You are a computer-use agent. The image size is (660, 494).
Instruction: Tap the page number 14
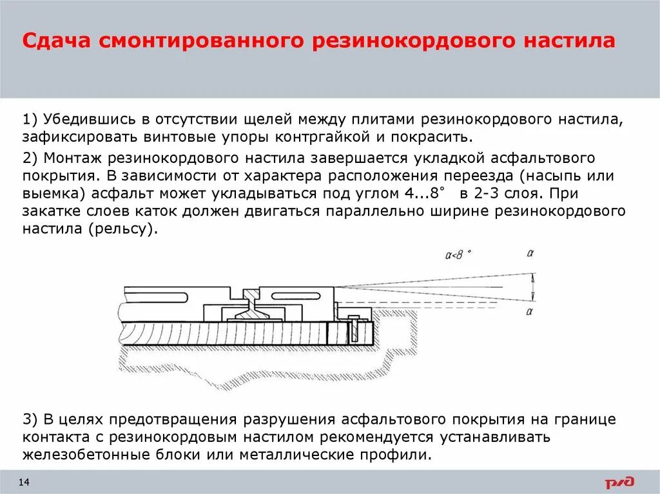[x=24, y=482]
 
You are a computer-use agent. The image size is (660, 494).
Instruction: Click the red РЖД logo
[x=619, y=482]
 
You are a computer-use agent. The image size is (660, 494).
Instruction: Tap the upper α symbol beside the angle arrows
[x=530, y=253]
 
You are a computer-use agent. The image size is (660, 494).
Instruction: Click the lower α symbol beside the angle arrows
[x=530, y=312]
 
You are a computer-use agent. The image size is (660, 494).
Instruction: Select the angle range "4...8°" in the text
[x=419, y=193]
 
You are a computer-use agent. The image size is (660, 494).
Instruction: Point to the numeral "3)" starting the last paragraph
[x=31, y=420]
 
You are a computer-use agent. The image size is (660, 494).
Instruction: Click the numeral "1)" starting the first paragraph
[x=31, y=120]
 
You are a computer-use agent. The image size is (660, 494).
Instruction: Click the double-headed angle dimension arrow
[x=534, y=287]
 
